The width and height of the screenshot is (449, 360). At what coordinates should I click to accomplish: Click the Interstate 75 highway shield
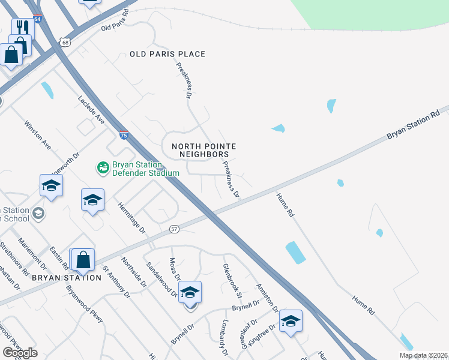click(123, 135)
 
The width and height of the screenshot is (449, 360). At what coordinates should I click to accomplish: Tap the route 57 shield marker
click(174, 229)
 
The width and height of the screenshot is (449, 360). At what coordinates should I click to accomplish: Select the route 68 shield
click(65, 41)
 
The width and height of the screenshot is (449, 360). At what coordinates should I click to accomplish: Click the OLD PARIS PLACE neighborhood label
click(167, 54)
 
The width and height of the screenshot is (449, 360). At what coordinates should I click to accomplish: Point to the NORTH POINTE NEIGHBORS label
click(203, 150)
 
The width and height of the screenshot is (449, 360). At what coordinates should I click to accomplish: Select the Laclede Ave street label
click(91, 110)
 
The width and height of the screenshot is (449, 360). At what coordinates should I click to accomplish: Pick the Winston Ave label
click(38, 136)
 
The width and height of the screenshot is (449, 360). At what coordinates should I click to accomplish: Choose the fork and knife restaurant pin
click(23, 27)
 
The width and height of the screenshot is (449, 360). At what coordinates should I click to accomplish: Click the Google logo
click(20, 352)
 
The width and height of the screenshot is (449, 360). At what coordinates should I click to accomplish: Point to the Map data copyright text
click(423, 355)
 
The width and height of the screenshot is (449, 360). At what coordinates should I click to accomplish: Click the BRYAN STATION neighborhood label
click(67, 278)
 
